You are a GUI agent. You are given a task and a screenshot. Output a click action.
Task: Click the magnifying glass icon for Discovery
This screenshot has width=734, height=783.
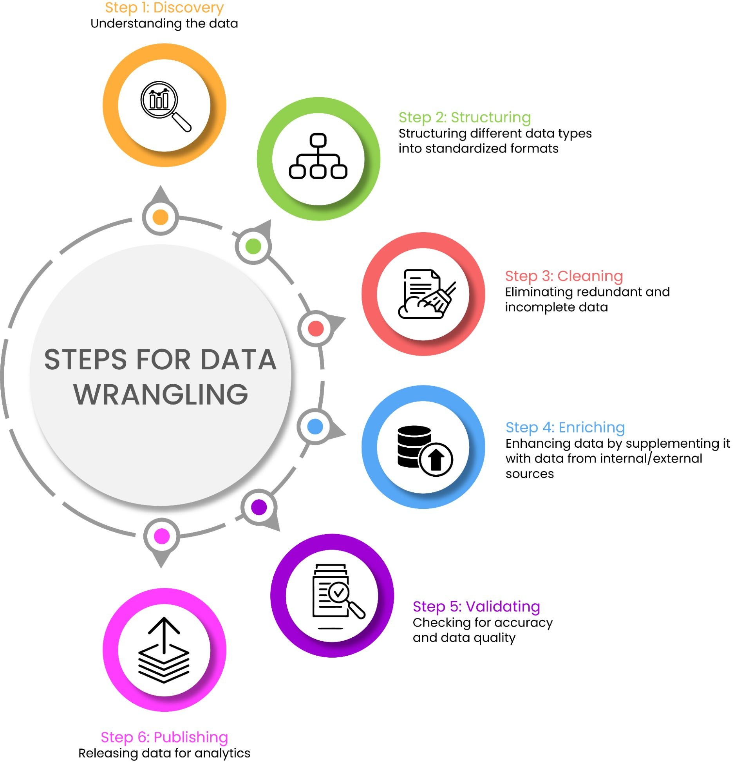point(165,105)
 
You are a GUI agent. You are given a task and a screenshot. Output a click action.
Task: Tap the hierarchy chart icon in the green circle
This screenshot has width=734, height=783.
point(318,156)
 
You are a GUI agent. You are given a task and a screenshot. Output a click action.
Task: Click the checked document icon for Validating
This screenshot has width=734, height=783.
point(337,596)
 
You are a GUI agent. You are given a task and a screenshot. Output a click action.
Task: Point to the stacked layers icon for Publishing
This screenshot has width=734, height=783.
point(164,650)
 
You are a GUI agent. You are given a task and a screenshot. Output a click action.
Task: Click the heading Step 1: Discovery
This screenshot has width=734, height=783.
point(164,8)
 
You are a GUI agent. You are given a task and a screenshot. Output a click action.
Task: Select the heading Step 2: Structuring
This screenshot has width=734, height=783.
point(465,118)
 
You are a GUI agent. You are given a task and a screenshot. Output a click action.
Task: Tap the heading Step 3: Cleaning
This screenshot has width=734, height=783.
point(564,276)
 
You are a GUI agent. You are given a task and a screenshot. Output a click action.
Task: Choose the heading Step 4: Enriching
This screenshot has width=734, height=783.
point(565,427)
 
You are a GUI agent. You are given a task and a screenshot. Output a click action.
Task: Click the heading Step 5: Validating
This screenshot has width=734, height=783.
point(476,607)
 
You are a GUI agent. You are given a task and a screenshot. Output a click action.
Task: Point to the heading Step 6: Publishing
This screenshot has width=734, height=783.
point(164,737)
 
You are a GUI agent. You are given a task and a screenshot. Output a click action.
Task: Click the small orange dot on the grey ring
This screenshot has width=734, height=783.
point(160,217)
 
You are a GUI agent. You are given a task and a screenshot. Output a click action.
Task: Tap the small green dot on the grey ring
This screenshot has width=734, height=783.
point(253,246)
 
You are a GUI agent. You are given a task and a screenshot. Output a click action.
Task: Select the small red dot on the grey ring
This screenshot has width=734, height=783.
point(316,329)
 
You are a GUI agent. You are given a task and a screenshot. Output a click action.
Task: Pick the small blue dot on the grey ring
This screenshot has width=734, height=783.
point(315,427)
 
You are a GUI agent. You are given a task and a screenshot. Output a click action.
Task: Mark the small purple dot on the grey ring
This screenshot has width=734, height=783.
point(259,507)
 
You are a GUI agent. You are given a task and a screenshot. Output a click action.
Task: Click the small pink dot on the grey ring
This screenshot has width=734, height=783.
point(161,536)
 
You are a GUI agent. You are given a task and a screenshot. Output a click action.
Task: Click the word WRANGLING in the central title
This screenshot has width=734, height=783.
point(161,394)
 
